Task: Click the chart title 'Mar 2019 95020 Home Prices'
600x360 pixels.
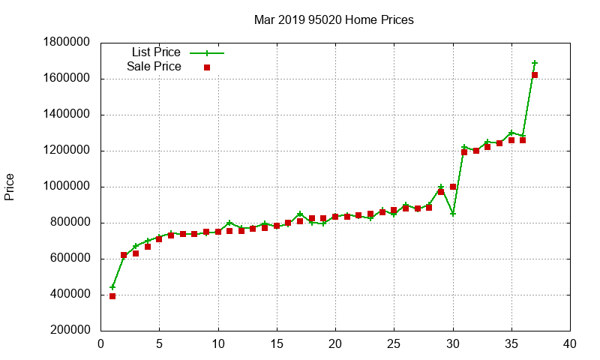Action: tap(334, 19)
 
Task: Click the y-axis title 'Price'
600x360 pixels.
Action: tap(10, 187)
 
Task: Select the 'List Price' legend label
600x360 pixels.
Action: tap(156, 52)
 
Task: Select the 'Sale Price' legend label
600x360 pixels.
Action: tap(154, 67)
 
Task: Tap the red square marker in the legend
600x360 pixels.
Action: tap(207, 67)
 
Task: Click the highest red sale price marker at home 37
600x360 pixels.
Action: tap(535, 75)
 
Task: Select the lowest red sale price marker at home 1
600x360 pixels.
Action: tap(112, 296)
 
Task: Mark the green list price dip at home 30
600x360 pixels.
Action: tap(453, 214)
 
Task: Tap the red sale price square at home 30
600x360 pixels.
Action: tap(453, 187)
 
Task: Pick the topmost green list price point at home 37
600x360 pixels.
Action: tap(535, 63)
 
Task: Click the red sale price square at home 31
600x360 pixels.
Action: tap(464, 152)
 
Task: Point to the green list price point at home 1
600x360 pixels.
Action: tap(112, 287)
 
